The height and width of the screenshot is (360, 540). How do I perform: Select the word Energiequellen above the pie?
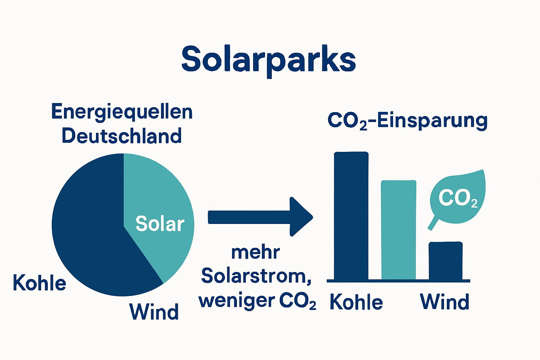point(122,112)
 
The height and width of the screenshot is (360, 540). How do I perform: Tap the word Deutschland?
point(122,136)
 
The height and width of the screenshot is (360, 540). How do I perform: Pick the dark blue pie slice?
point(91,229)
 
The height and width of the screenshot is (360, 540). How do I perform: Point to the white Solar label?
point(160,224)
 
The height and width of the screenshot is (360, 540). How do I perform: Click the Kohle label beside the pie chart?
point(39,283)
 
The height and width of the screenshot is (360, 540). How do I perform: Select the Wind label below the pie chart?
point(154,311)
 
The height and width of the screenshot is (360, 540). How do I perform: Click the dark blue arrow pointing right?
point(260,217)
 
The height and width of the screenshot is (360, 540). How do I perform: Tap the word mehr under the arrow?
point(256,252)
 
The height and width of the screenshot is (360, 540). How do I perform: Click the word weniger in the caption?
point(237,301)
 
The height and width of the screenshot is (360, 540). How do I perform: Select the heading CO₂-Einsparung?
point(407,121)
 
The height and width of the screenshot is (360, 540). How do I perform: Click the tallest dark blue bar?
point(351,216)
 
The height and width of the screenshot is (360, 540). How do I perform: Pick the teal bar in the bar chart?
point(399,230)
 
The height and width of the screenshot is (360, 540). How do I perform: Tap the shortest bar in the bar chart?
point(445,261)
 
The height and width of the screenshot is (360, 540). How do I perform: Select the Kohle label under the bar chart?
point(356,302)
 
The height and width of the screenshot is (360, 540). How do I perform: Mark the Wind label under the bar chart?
point(445,302)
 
